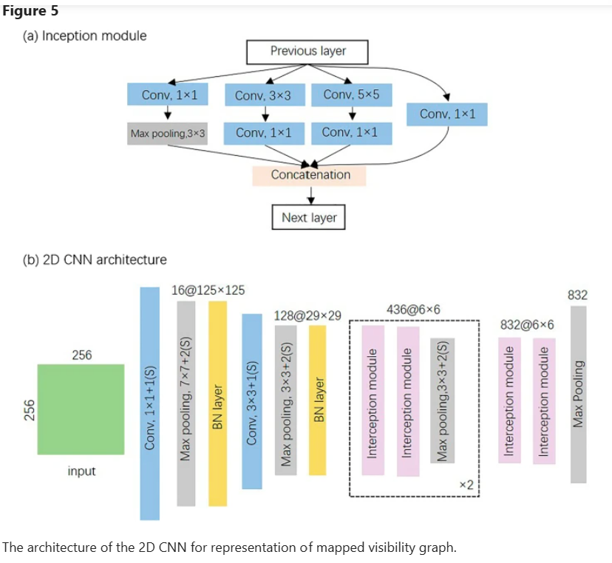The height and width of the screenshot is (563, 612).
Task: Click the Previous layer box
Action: [307, 51]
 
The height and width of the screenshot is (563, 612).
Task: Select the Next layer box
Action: [309, 217]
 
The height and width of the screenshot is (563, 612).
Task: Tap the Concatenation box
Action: [310, 175]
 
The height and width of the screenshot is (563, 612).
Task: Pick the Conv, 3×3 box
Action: [264, 95]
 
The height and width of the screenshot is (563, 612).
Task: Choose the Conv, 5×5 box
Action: [351, 95]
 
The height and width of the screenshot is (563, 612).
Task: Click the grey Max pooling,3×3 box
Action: [167, 134]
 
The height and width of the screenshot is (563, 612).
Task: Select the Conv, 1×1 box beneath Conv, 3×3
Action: [264, 133]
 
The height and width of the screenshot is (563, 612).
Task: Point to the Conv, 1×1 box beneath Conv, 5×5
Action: [351, 133]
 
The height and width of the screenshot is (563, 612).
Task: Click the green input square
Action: [82, 408]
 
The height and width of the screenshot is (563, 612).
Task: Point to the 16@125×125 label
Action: [208, 290]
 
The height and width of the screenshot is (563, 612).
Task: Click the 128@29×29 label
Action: [307, 315]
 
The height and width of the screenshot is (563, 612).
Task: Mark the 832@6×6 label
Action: [527, 325]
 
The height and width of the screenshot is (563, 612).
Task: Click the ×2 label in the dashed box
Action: [466, 484]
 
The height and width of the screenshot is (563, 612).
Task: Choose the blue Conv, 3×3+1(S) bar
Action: [252, 401]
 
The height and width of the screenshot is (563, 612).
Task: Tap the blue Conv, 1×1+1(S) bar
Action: [150, 403]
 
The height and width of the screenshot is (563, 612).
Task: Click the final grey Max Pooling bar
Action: [578, 394]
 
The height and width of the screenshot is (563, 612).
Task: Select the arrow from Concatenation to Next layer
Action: [310, 196]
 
